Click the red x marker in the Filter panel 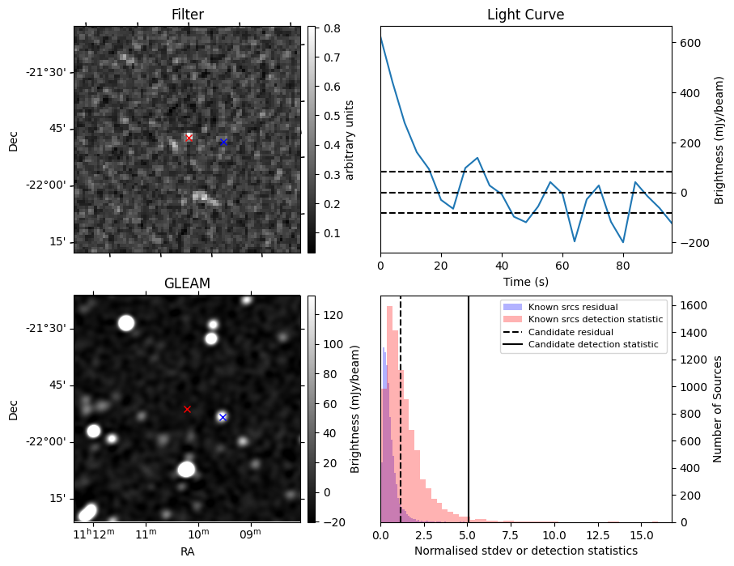[x=189, y=138]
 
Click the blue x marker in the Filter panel [x=223, y=142]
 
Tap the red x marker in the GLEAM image [x=187, y=409]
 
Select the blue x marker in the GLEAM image [x=223, y=417]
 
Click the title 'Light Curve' [x=525, y=15]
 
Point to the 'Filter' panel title [x=187, y=15]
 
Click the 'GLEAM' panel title [x=187, y=283]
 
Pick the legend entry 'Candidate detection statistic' [x=592, y=346]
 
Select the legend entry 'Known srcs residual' [x=572, y=307]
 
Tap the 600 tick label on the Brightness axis [x=689, y=43]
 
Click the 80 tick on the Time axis [x=623, y=265]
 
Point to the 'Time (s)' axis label [x=525, y=280]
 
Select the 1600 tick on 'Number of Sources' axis [x=689, y=305]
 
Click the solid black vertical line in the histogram [x=469, y=421]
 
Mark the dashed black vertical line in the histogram [x=401, y=421]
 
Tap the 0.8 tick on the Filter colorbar [x=328, y=28]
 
